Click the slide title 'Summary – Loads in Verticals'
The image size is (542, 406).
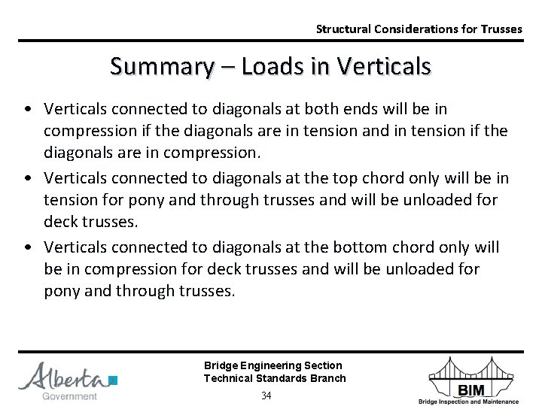point(270,66)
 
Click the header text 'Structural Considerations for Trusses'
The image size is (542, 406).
point(419,29)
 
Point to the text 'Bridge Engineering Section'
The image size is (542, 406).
point(273,365)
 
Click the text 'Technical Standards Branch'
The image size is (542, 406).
point(275,378)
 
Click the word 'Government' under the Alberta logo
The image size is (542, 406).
point(69,395)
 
